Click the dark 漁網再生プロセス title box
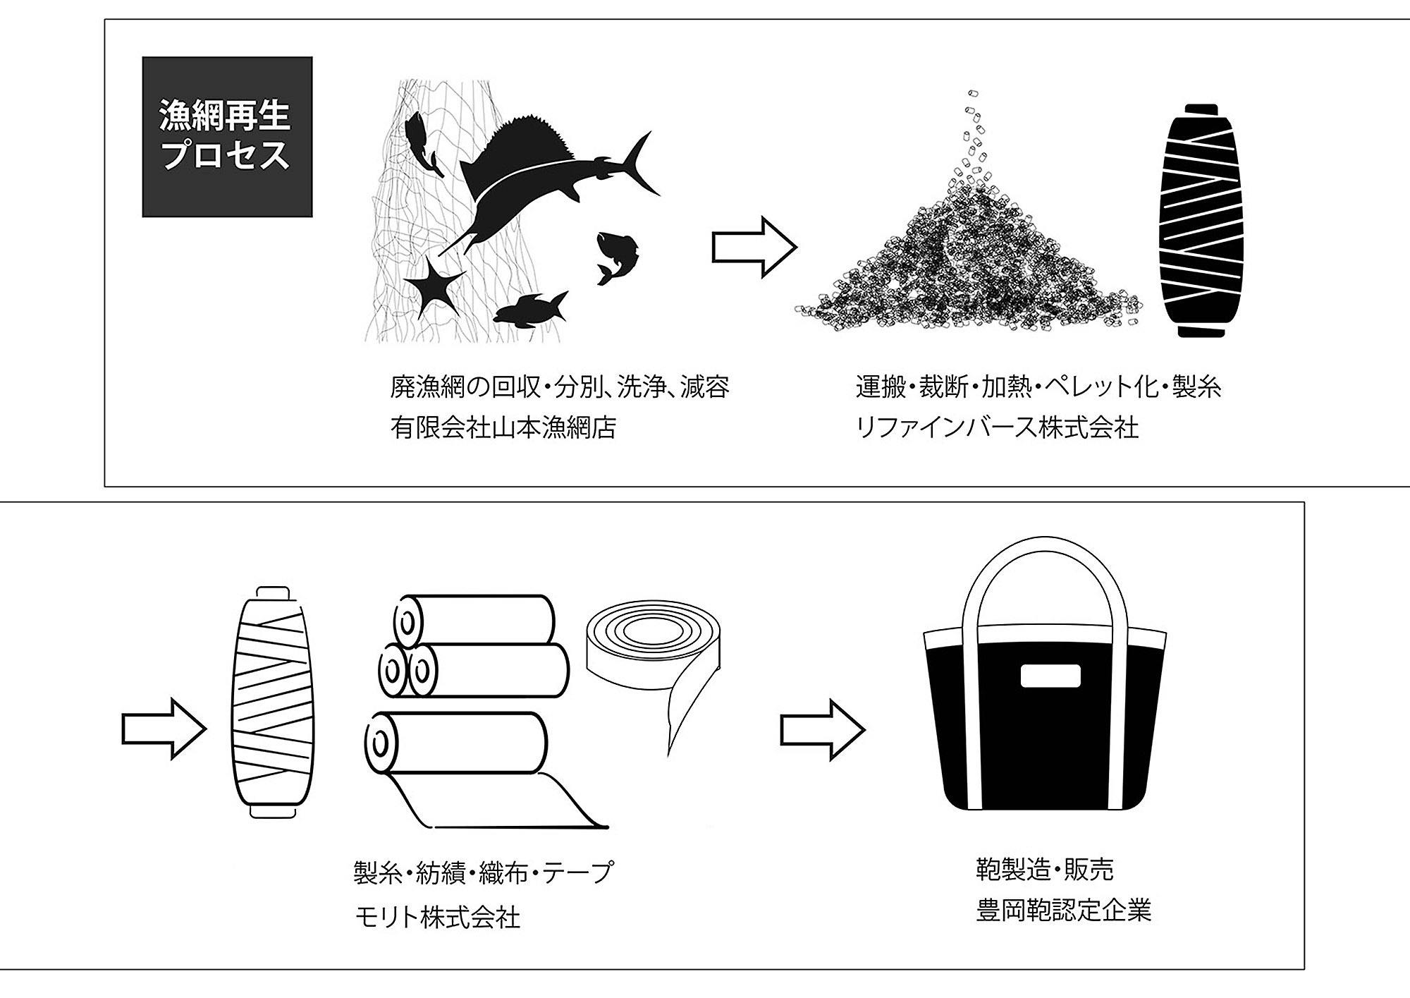point(227,137)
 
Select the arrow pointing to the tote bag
point(821,730)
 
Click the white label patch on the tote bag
point(1050,676)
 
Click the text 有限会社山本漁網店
point(503,428)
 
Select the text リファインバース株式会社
point(997,428)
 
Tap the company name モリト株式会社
point(437,918)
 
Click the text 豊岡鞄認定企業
point(1063,911)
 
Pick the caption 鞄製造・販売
point(1044,869)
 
